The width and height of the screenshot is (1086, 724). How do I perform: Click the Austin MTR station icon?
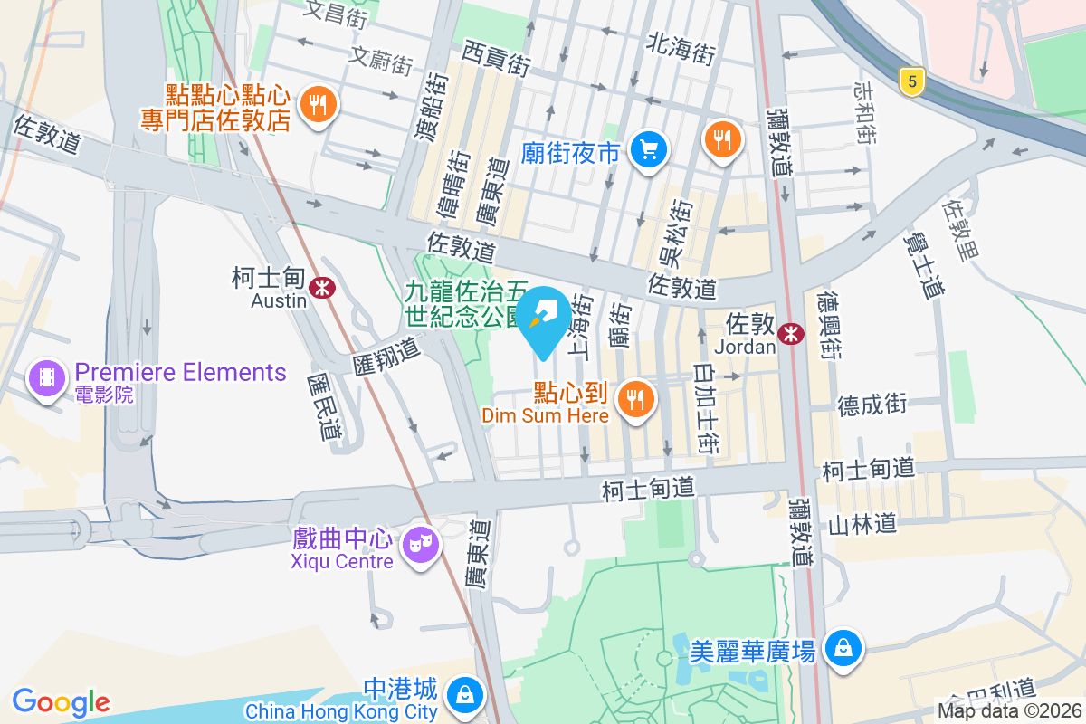tap(320, 288)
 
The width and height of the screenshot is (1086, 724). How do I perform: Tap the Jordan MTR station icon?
tap(792, 333)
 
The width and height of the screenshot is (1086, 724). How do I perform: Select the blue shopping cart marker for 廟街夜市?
tap(648, 149)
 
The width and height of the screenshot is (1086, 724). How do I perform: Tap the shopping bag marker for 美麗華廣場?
tap(843, 648)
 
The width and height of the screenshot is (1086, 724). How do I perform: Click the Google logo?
tap(61, 702)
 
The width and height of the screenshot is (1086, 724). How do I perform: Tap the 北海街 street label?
tap(681, 48)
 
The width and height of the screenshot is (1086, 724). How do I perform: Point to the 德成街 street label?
tap(872, 405)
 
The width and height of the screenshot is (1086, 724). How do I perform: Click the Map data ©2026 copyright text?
tap(1010, 710)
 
